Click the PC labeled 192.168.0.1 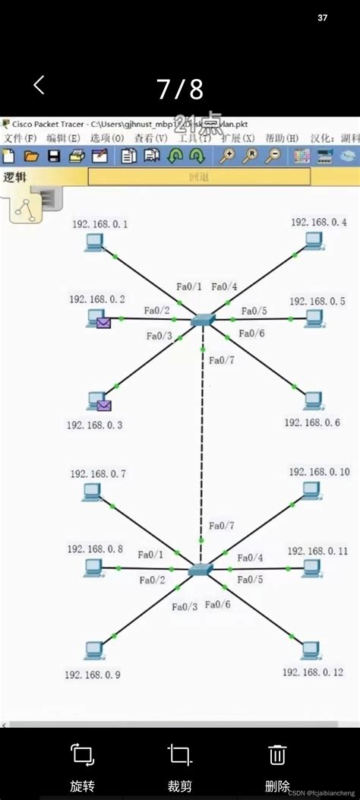tap(94, 242)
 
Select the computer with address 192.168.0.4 tap(312, 241)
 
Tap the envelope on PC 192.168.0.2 tap(104, 323)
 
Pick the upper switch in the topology tap(203, 320)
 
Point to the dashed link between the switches tap(202, 441)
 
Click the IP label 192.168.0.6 tap(312, 422)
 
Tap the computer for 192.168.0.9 tap(93, 650)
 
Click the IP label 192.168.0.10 tap(319, 472)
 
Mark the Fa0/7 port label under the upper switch tap(222, 360)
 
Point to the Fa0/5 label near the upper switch tap(254, 311)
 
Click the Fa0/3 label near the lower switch tap(185, 606)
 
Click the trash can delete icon tap(277, 754)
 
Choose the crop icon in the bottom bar tap(180, 754)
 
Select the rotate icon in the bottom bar tap(83, 754)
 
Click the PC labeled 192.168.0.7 tap(93, 493)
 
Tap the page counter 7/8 tap(180, 90)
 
